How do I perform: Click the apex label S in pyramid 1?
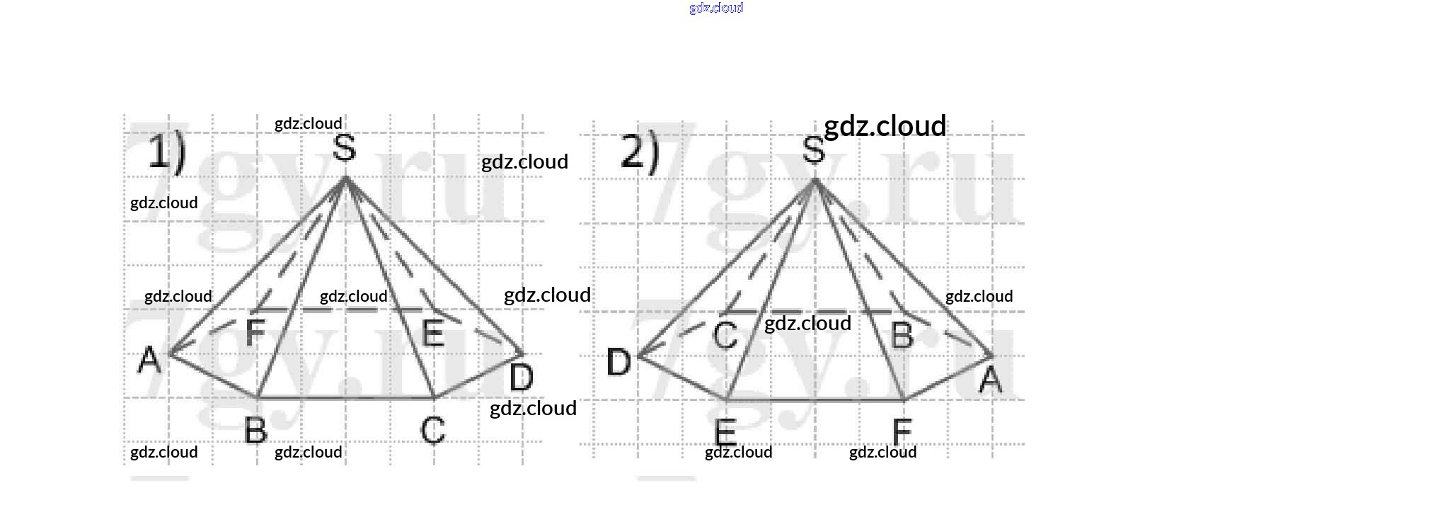click(344, 148)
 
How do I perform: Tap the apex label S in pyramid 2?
click(813, 150)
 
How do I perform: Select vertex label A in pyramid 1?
click(149, 360)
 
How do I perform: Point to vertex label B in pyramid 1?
click(255, 430)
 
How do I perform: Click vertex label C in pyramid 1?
click(432, 430)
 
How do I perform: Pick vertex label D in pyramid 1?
click(522, 378)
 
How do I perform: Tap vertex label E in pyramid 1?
click(432, 333)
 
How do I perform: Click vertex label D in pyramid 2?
click(618, 362)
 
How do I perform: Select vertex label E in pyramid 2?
click(725, 431)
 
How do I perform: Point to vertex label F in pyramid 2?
click(902, 431)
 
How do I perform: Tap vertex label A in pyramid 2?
click(990, 380)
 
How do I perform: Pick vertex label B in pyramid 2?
click(902, 335)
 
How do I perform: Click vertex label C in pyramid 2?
click(725, 335)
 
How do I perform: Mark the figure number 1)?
click(167, 153)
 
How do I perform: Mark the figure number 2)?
click(639, 152)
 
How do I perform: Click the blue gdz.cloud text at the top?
click(716, 8)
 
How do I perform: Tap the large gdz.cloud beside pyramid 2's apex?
click(885, 126)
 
